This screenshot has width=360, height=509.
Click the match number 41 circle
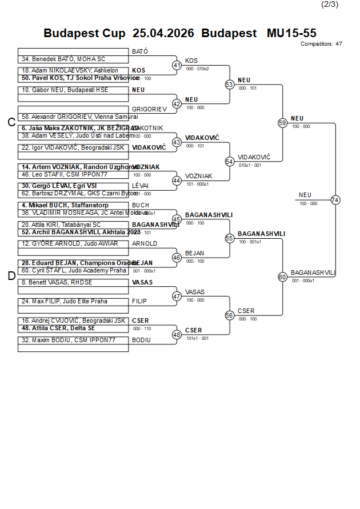point(177,65)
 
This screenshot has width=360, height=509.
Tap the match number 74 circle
point(335,200)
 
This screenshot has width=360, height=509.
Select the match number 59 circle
point(282,123)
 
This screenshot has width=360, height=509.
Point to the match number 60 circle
point(282,277)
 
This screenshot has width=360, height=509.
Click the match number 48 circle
point(177,335)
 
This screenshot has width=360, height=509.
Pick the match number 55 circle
point(230,238)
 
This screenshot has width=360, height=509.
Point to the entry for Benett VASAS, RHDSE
point(57,282)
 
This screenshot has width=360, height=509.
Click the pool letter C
point(11,122)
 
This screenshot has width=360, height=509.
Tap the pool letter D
point(11,276)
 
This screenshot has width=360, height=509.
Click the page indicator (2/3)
point(330,5)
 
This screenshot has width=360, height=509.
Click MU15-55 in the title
point(291,33)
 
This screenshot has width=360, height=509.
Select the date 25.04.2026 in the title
point(163,33)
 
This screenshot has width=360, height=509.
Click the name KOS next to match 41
point(191,61)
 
